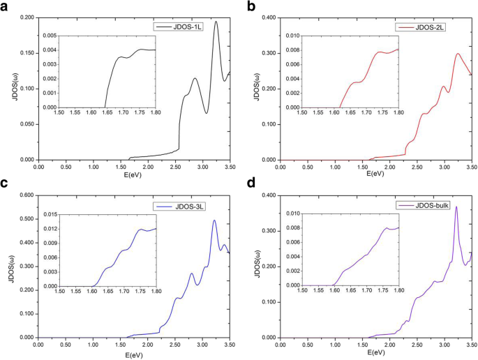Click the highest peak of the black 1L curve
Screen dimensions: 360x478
click(216, 22)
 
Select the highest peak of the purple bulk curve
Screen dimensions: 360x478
click(456, 207)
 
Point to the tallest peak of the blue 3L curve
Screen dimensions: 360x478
click(214, 220)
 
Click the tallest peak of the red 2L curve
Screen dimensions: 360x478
click(458, 54)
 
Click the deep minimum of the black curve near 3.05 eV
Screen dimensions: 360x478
click(207, 113)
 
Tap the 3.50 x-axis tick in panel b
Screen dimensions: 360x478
click(471, 166)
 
